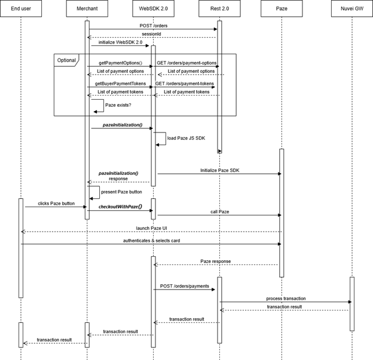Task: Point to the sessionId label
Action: pyautogui.click(x=152, y=34)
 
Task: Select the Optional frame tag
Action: pyautogui.click(x=66, y=60)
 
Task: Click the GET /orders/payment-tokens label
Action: pyautogui.click(x=185, y=84)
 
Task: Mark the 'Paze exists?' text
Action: pyautogui.click(x=117, y=104)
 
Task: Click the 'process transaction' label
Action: pyautogui.click(x=286, y=298)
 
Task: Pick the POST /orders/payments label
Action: pyautogui.click(x=184, y=286)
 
